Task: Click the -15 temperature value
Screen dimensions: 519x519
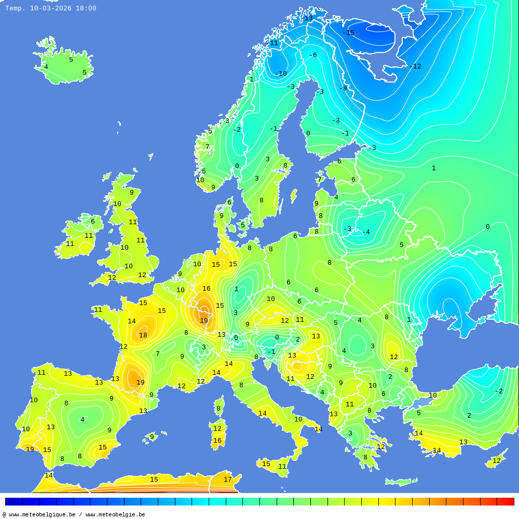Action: (348, 33)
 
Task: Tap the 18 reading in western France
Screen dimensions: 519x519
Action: (143, 335)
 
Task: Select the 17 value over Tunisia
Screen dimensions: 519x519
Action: (227, 480)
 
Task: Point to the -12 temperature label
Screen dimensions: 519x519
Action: (415, 66)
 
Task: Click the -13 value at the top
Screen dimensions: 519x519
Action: (307, 18)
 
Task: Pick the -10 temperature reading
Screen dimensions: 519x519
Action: (281, 74)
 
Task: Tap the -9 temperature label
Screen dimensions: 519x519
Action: (343, 88)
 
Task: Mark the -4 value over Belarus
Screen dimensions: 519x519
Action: (366, 232)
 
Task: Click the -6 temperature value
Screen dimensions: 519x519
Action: (312, 55)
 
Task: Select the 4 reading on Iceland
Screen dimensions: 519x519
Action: (46, 67)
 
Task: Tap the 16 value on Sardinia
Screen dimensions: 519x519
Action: (217, 441)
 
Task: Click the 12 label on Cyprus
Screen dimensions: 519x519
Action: (497, 461)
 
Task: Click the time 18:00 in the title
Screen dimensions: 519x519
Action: (86, 8)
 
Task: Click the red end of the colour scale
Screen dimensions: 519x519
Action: (506, 501)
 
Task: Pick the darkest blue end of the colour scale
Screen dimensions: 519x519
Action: (13, 501)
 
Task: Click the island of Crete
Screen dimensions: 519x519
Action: (401, 482)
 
